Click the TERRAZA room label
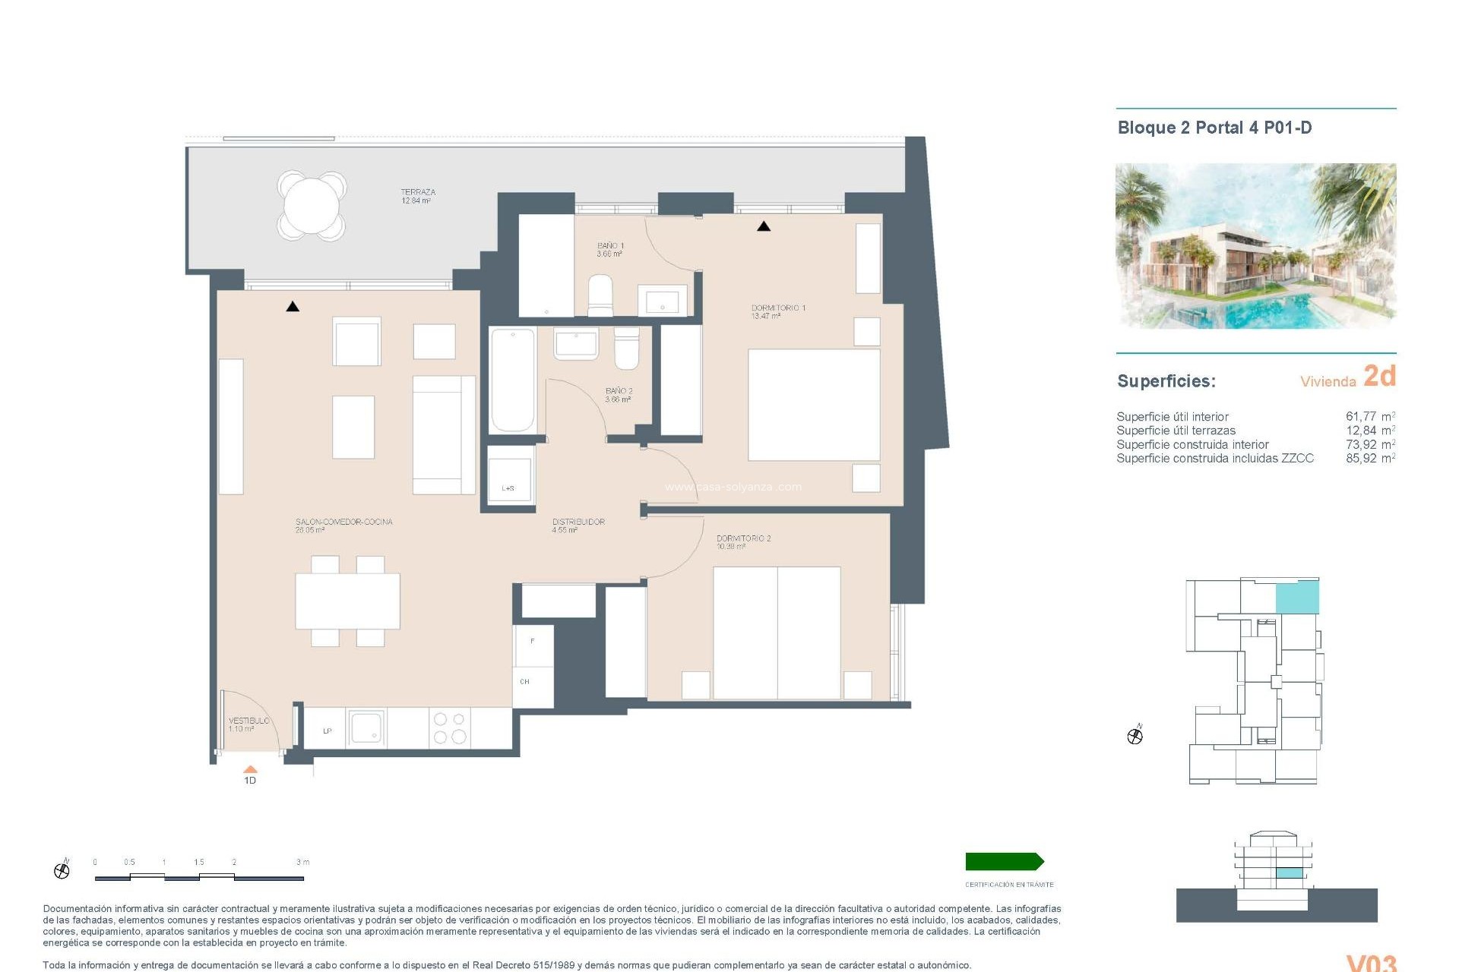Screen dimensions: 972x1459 pos(417,196)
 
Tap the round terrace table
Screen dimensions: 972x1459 pos(312,204)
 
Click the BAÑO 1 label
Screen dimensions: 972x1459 pos(609,249)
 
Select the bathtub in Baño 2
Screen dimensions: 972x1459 pos(512,380)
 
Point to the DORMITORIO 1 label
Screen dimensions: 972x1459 pos(777,311)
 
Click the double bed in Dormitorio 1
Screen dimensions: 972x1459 pos(813,405)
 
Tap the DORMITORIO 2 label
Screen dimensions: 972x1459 pos(742,541)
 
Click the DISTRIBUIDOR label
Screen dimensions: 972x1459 pos(578,525)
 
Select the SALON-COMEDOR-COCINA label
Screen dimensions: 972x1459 pos(343,525)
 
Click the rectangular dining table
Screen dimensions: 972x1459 pos(347,601)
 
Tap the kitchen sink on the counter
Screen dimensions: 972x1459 pos(366,727)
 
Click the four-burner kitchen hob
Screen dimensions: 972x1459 pos(449,727)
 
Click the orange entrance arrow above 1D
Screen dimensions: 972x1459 pos(250,769)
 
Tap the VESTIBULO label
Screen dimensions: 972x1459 pos(248,724)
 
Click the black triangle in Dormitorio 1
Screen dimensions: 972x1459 pos(764,226)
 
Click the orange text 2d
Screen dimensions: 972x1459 pos(1379,376)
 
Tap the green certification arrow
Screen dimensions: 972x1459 pos(1004,861)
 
